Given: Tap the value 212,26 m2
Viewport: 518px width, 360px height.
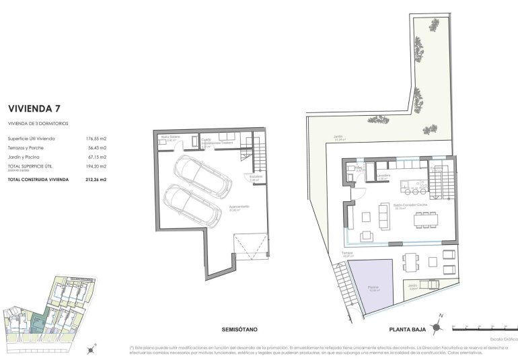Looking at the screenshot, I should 96,180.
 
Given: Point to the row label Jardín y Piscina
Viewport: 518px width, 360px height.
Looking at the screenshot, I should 26,156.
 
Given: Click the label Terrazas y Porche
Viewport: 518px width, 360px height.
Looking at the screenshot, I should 28,147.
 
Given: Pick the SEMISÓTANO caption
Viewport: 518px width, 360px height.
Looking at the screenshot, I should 241,329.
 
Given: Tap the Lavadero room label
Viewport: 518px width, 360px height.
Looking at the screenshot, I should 383,178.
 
